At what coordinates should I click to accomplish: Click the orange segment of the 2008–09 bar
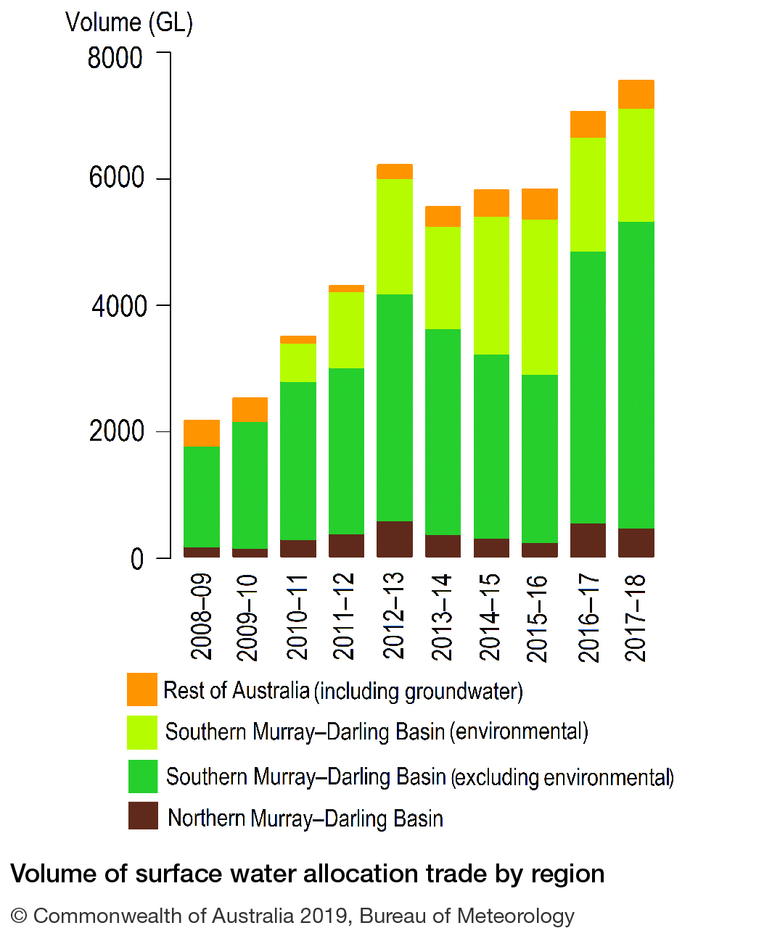(202, 433)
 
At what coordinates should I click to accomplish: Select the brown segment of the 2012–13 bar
(395, 539)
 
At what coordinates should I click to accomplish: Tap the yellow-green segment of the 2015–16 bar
(540, 297)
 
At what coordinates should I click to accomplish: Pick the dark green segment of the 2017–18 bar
(636, 375)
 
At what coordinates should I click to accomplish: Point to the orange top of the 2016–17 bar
(588, 124)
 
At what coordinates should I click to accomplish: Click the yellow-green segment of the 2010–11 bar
(298, 363)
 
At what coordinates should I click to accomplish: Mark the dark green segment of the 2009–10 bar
(250, 485)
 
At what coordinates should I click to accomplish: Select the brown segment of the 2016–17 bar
(588, 540)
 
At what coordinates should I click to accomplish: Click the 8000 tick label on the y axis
(115, 58)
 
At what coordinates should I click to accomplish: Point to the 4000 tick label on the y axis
(118, 307)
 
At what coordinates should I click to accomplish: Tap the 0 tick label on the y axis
(137, 559)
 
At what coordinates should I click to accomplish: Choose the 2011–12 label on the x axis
(345, 616)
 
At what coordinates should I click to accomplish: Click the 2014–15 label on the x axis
(490, 616)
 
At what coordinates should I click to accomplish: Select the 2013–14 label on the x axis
(442, 616)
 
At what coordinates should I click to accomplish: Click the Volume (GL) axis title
(129, 22)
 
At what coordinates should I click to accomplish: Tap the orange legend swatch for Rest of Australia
(142, 689)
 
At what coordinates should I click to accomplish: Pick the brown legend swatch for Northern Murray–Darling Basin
(143, 816)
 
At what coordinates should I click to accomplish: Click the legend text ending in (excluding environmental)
(419, 777)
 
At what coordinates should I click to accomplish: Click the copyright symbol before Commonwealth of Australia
(19, 916)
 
